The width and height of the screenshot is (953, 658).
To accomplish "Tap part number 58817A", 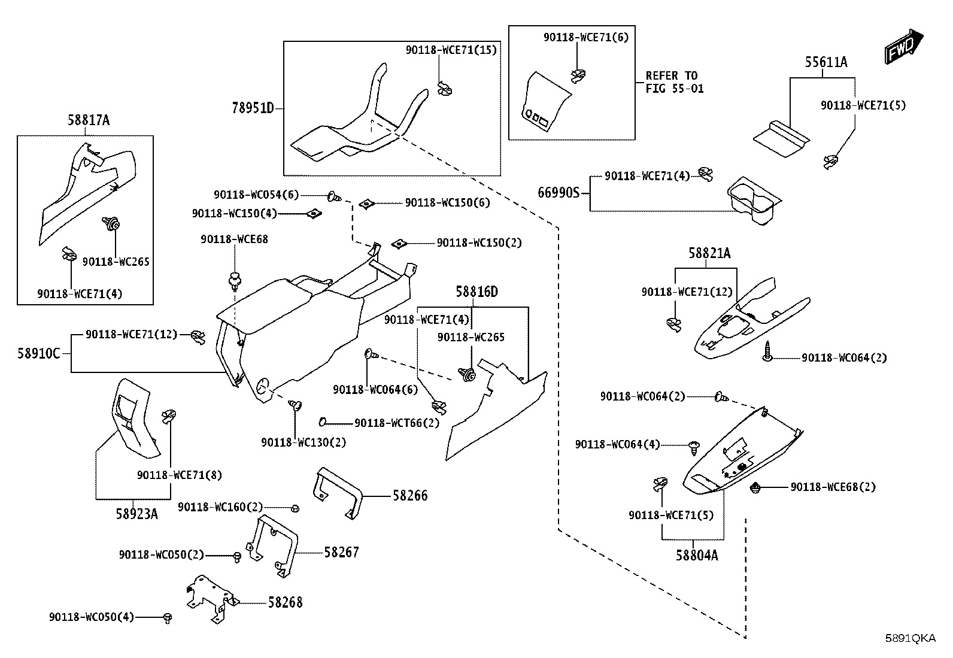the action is pos(89,120).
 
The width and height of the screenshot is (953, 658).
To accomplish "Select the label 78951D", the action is pos(253,108).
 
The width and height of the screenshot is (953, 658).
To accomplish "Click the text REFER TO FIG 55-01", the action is pos(674,82).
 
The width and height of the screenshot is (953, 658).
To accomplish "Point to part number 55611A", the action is pos(825,62).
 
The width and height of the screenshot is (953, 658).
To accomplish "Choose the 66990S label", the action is pos(559,193).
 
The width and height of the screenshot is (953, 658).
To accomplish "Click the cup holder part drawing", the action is pos(754,201).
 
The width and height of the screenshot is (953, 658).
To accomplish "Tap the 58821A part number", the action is pos(709,254).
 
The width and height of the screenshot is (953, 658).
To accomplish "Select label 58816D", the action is pos(476,292).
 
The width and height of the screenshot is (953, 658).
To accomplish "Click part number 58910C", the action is pos(39,354).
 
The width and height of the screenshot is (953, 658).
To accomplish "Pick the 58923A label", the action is pos(136,514).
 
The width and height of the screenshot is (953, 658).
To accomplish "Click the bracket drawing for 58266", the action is pos(338,493).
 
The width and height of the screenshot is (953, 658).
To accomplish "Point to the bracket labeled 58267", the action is pos(272,546).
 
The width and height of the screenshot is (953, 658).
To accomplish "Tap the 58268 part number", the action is pos(285,603).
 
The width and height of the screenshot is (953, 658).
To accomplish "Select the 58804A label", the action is pos(697,556).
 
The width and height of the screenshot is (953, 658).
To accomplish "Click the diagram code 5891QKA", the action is pos(910,638).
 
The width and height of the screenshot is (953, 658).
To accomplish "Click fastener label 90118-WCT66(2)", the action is pos(396,423).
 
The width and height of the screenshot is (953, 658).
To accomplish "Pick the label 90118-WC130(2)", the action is pos(303,442).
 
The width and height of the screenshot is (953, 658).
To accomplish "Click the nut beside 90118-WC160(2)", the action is pos(295,508).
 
